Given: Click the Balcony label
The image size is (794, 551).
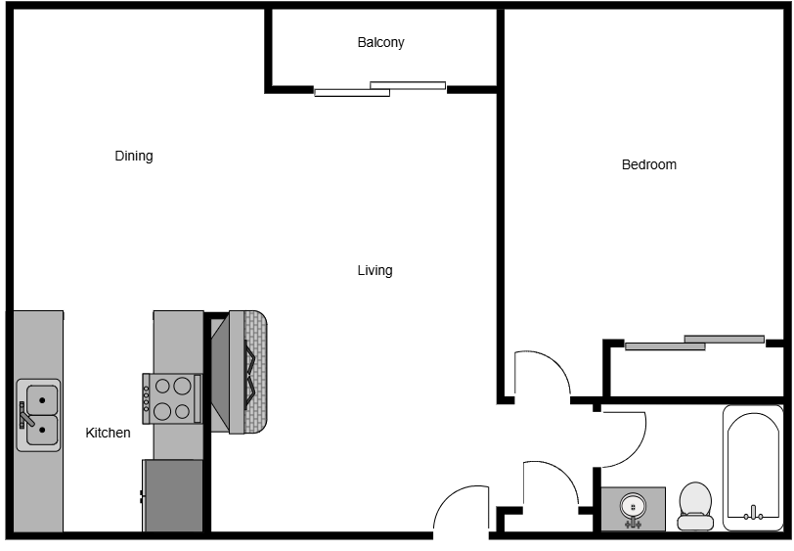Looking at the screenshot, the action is pos(380,43).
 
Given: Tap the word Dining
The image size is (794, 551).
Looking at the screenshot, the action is pos(134,157).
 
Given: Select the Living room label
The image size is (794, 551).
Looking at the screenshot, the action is pos(375,271).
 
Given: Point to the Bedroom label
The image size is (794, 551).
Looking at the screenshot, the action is pos(648,164).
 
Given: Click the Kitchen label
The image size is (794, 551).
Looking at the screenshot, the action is pos(108,433).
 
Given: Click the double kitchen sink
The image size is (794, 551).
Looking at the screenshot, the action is pos(38,415).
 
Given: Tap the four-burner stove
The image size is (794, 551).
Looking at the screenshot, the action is pos(172,399).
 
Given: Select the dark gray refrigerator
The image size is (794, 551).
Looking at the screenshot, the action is pos(173,495).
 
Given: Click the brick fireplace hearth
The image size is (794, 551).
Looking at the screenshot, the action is pos(256,372).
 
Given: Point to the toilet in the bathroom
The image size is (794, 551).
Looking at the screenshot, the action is pos(695,506).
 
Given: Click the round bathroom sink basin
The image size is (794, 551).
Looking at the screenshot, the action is pos(633,506).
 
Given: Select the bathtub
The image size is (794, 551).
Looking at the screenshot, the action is pos(753,468).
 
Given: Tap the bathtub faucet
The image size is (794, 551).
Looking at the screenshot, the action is pos(754,514).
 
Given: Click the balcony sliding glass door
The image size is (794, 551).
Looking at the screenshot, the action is pos(379,89).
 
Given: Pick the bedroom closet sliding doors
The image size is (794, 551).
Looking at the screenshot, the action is pos(694,343).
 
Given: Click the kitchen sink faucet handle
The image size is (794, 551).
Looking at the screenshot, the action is pos(25,417).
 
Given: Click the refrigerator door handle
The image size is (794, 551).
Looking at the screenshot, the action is pos(141,496).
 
